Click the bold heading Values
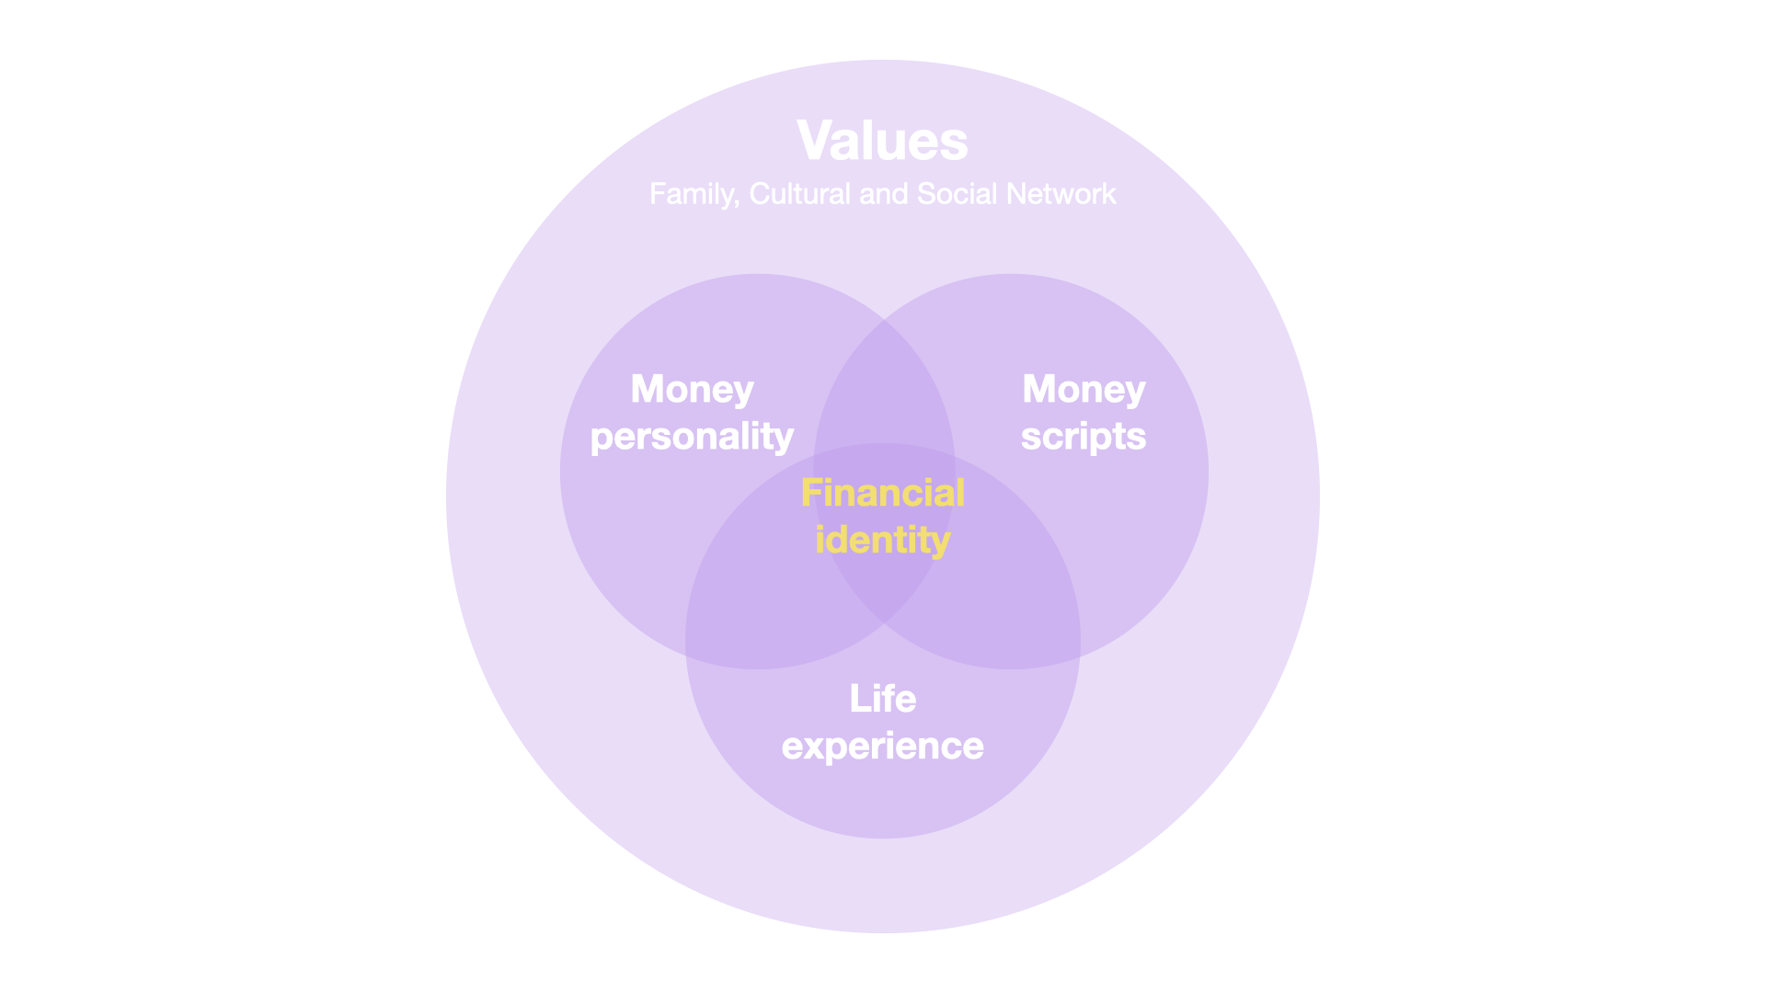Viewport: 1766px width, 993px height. (x=882, y=141)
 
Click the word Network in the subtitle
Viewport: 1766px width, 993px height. (x=1061, y=194)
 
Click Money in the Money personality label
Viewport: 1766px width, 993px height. (x=692, y=389)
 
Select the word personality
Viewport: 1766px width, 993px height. (x=692, y=437)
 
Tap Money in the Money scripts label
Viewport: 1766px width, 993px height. (x=1084, y=389)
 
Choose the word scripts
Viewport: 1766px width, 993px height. (x=1084, y=437)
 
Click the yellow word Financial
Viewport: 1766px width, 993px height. (x=882, y=493)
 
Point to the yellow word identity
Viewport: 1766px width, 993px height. (x=882, y=540)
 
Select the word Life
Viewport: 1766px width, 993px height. (x=882, y=699)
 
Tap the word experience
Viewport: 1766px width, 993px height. (x=882, y=746)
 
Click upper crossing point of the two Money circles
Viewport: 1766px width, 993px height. (x=884, y=319)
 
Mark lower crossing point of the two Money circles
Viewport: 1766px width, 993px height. (x=884, y=624)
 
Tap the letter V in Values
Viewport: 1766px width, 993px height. (x=815, y=141)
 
